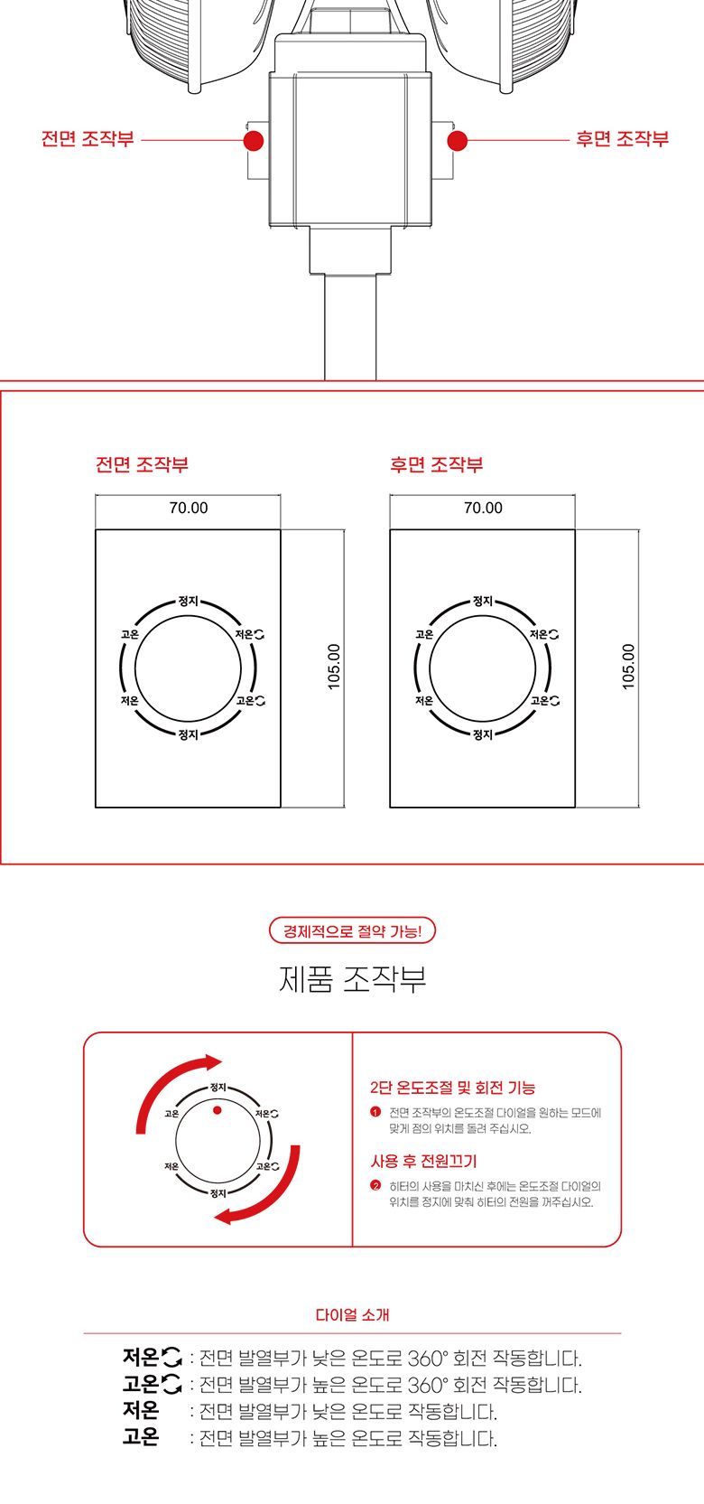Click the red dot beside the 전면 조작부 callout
point(254,140)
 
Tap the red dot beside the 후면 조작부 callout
point(458,140)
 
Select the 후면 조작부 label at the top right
point(622,139)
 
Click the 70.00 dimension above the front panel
point(189,508)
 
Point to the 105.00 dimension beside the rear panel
point(628,667)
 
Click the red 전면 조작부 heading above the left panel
point(142,464)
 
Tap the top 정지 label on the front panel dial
point(189,602)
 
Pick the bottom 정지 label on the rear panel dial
point(483,734)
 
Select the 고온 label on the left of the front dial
point(130,635)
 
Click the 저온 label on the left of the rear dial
point(424,701)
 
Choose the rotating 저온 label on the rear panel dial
point(544,635)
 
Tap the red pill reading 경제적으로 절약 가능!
point(352,930)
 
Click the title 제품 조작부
point(352,979)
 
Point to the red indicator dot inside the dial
point(217,1109)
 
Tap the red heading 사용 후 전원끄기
point(423,1161)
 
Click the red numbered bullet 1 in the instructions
point(376,1112)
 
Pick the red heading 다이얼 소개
point(352,1315)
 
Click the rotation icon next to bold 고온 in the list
point(171,1384)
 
